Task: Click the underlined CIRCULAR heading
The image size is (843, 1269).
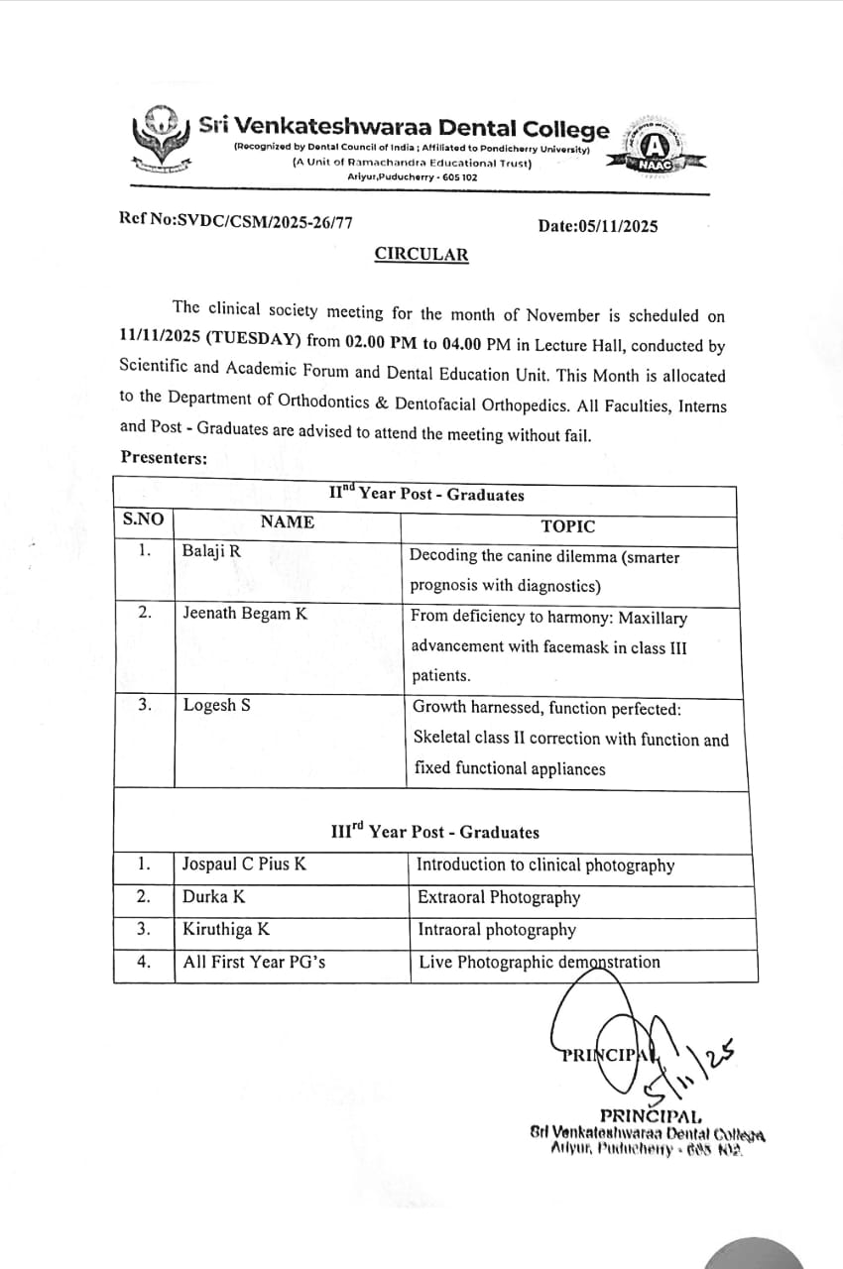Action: [x=421, y=254]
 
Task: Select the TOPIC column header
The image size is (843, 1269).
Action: [x=568, y=526]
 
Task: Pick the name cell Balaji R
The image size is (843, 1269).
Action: [x=212, y=550]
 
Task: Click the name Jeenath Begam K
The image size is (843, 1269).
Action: [x=245, y=613]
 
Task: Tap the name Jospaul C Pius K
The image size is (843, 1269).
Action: [x=244, y=864]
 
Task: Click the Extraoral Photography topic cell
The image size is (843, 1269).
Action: [x=499, y=897]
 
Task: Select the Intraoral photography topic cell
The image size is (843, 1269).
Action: [x=496, y=930]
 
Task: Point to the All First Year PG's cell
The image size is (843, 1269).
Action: [x=254, y=961]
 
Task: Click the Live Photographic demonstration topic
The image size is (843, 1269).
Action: [x=539, y=962]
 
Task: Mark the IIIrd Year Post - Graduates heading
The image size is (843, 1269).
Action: [x=434, y=831]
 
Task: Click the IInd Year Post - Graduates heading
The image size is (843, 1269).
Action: [x=426, y=493]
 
